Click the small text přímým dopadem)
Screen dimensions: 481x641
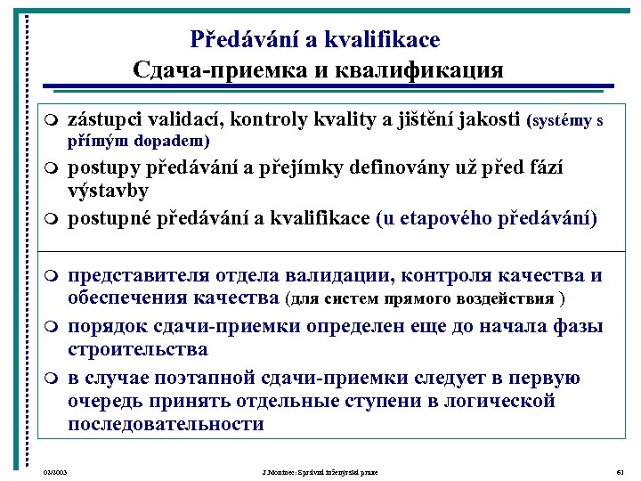[140, 141]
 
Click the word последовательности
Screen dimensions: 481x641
[166, 424]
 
